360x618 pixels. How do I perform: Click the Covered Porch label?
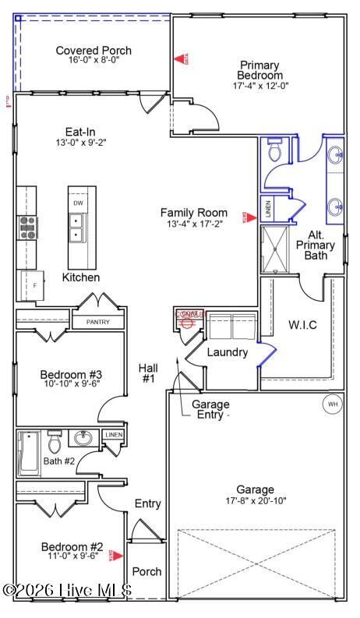(94, 51)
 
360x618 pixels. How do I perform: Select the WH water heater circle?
(332, 404)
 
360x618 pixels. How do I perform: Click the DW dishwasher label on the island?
(78, 203)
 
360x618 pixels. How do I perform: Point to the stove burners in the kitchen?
(27, 227)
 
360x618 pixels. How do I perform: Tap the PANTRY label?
(97, 322)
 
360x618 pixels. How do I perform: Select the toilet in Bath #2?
(55, 443)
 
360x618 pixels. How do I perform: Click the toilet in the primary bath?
(275, 150)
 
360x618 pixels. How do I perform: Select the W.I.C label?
(302, 324)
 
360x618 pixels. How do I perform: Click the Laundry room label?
(227, 352)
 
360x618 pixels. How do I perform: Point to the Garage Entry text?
(210, 410)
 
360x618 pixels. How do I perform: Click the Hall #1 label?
(148, 373)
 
